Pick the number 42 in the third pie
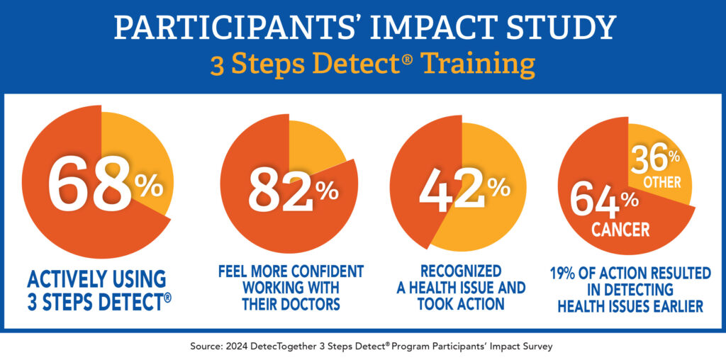coord(451,190)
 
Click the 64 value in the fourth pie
coord(594,201)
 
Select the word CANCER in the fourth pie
coord(621,230)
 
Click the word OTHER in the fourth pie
coord(662,182)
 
